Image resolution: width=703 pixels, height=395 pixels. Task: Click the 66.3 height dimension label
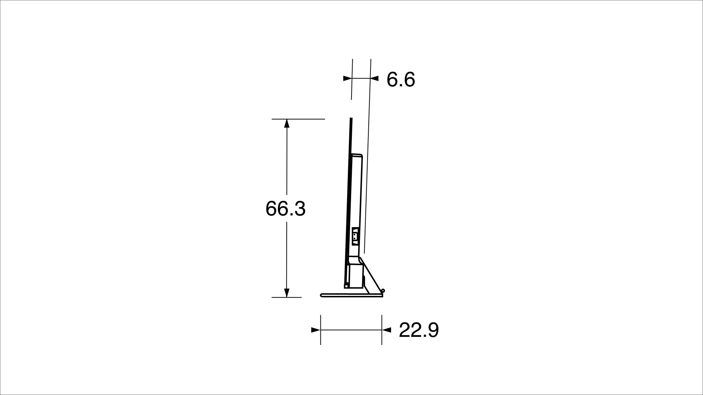pos(285,209)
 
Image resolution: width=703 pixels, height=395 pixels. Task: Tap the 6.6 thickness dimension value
pos(401,79)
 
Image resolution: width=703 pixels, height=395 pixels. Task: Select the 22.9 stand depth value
pos(419,330)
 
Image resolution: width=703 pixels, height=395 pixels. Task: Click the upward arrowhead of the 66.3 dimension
pos(287,123)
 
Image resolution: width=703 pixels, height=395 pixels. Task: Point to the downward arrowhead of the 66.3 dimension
pos(287,293)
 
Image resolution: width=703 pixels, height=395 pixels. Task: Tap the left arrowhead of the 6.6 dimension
pos(347,78)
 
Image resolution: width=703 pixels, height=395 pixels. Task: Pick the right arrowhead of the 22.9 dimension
pos(386,330)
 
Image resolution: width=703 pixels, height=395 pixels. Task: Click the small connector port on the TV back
pos(354,236)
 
